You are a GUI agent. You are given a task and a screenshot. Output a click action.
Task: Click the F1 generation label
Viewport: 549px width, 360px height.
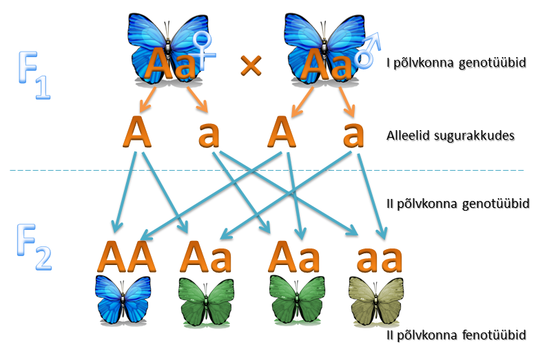tap(34, 75)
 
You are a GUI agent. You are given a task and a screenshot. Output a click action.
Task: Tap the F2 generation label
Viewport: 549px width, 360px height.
tap(34, 246)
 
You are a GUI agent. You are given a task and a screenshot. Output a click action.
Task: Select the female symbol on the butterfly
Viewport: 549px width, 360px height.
tap(204, 50)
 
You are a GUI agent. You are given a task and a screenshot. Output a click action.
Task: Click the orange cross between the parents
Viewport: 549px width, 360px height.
tap(251, 65)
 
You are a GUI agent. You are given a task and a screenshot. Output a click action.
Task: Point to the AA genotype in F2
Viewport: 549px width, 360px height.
tap(126, 257)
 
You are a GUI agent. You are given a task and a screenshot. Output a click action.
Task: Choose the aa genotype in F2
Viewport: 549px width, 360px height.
tap(380, 260)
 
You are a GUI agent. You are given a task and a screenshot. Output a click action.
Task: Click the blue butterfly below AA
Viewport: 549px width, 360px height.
tap(123, 300)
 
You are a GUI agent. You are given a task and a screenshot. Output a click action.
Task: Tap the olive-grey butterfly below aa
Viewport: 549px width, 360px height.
tap(376, 301)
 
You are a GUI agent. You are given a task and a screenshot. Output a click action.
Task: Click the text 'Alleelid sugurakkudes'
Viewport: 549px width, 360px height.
tap(450, 136)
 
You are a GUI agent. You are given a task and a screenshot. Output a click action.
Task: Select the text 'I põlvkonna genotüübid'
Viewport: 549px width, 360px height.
tap(456, 63)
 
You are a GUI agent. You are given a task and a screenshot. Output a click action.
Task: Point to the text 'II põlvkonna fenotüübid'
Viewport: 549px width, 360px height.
tap(456, 335)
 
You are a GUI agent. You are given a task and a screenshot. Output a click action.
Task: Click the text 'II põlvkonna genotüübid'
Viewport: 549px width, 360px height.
tap(458, 204)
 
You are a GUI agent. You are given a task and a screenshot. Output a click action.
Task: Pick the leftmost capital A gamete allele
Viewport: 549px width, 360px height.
tap(137, 132)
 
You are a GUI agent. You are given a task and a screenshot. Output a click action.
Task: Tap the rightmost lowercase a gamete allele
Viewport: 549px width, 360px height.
tap(353, 134)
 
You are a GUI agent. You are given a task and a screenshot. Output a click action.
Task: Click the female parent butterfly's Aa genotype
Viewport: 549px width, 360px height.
tap(171, 63)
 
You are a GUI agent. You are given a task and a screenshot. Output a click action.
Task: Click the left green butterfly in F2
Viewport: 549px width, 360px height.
tap(206, 302)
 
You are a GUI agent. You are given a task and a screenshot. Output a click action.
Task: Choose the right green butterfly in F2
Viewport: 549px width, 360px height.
tap(297, 300)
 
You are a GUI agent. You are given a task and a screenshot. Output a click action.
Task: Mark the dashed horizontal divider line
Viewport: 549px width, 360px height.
tap(267, 171)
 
